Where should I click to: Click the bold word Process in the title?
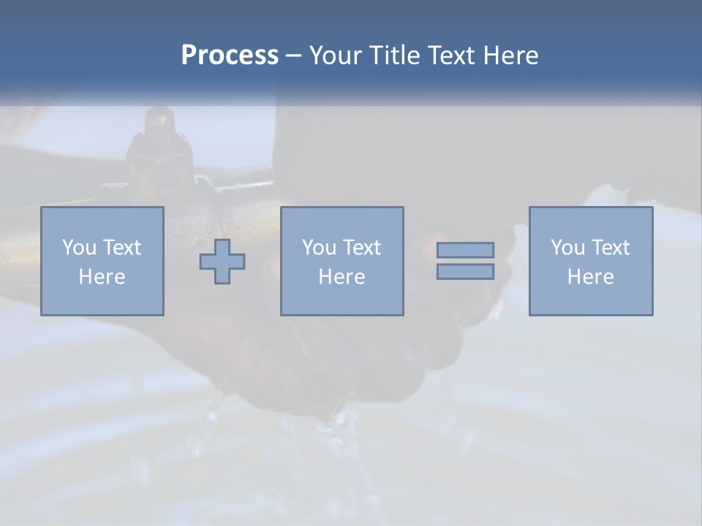point(230,56)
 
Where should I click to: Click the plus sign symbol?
point(222,262)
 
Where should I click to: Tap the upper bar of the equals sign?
point(465,250)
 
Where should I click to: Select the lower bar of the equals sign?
point(465,271)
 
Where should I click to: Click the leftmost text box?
point(102,261)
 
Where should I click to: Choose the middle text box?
point(342,261)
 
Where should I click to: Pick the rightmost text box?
point(591,261)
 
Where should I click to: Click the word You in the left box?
point(79,248)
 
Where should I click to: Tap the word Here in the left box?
point(102,277)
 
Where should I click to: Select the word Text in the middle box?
point(362,248)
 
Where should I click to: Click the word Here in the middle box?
point(342,277)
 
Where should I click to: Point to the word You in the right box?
point(567,248)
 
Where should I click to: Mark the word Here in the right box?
point(591,277)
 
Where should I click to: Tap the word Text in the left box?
point(122,248)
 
